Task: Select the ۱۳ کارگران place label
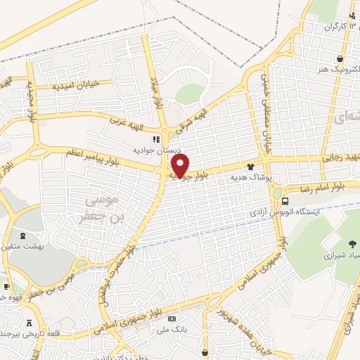coord(337,27)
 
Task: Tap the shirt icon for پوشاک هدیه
coord(250,167)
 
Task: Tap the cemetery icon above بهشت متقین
coord(18,236)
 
